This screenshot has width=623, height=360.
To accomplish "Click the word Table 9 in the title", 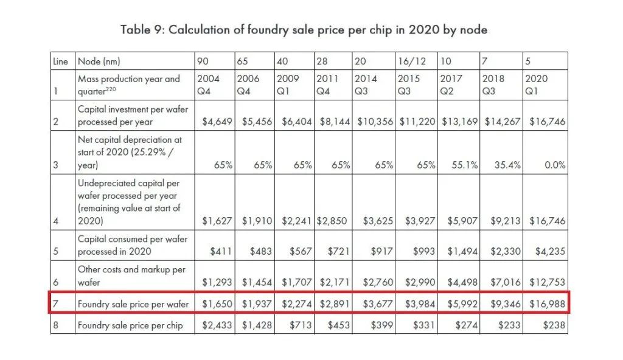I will pyautogui.click(x=141, y=30).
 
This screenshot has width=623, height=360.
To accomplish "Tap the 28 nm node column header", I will pyautogui.click(x=322, y=61).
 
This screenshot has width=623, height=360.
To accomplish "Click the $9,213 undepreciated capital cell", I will pyautogui.click(x=503, y=221).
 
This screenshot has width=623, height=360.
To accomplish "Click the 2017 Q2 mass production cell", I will pyautogui.click(x=451, y=85).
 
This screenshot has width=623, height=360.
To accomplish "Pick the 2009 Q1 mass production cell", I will pyautogui.click(x=288, y=85).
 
